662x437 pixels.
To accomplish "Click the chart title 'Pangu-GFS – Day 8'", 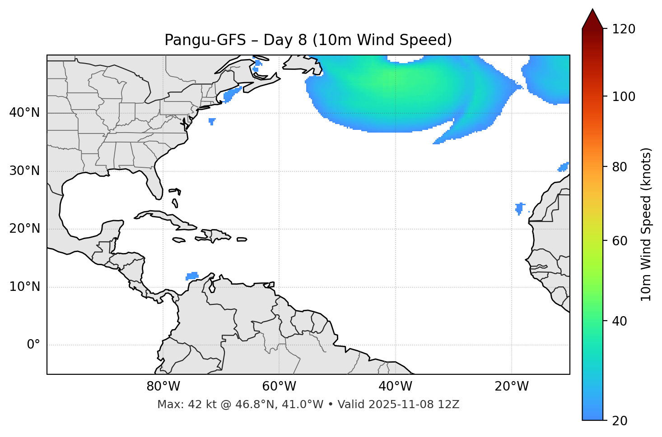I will tap(308, 40).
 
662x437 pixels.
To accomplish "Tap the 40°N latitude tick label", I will tap(24, 113).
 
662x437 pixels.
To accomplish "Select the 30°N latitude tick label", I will tap(24, 171).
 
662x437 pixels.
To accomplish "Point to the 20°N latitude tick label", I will tap(24, 229).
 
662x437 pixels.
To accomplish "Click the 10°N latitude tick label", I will tap(24, 287).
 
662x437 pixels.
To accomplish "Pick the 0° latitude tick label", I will tap(33, 345).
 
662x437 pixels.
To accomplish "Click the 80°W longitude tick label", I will tap(163, 386).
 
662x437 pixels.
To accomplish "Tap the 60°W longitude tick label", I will tap(279, 386).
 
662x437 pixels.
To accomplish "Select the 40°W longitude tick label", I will tap(395, 386).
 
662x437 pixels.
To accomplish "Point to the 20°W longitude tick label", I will tap(511, 386).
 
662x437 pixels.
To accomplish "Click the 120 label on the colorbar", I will tap(624, 29).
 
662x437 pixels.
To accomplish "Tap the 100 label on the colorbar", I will tap(624, 97).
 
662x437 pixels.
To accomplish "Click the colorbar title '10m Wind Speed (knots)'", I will tap(646, 224).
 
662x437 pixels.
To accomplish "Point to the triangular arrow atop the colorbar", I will tap(592, 19).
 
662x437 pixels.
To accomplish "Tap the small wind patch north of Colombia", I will tap(192, 276).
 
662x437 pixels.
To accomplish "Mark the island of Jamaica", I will tap(179, 240).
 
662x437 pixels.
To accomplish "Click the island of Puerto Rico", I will tap(242, 239).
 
